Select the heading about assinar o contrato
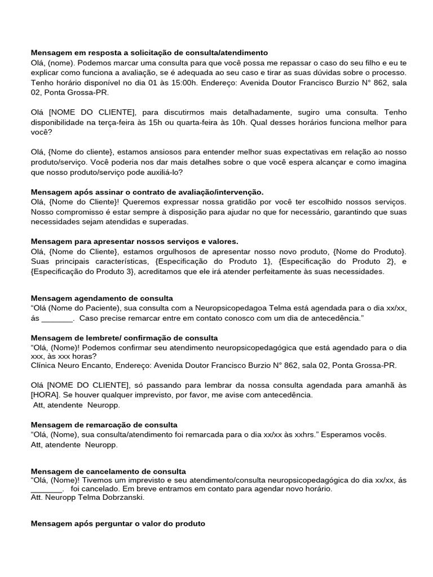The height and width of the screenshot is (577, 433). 147,192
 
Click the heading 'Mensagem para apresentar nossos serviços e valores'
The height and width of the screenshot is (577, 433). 134,241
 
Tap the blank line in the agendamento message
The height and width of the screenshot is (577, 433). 58,318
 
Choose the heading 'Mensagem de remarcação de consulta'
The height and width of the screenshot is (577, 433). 104,424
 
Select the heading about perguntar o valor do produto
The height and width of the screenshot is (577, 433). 118,523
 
